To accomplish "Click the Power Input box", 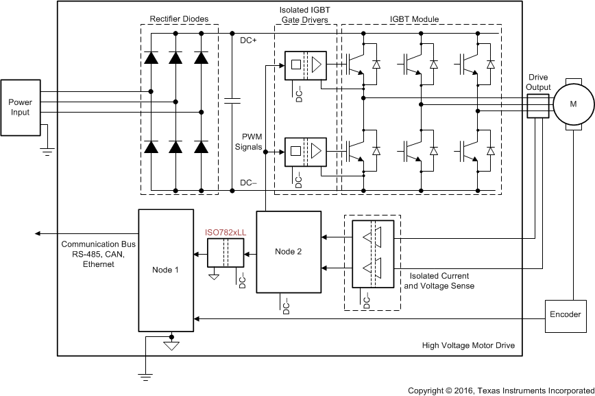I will (21, 107).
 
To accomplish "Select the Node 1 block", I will (167, 270).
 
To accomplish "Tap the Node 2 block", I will (289, 252).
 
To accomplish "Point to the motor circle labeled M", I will (573, 103).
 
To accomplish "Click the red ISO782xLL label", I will (226, 233).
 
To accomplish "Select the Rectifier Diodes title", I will (179, 19).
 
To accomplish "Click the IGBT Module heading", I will (414, 19).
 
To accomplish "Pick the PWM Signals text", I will (249, 141).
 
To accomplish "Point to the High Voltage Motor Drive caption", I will (468, 345).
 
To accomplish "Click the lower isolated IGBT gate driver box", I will (306, 149).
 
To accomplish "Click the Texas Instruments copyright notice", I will (500, 390).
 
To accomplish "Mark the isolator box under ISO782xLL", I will (226, 255).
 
